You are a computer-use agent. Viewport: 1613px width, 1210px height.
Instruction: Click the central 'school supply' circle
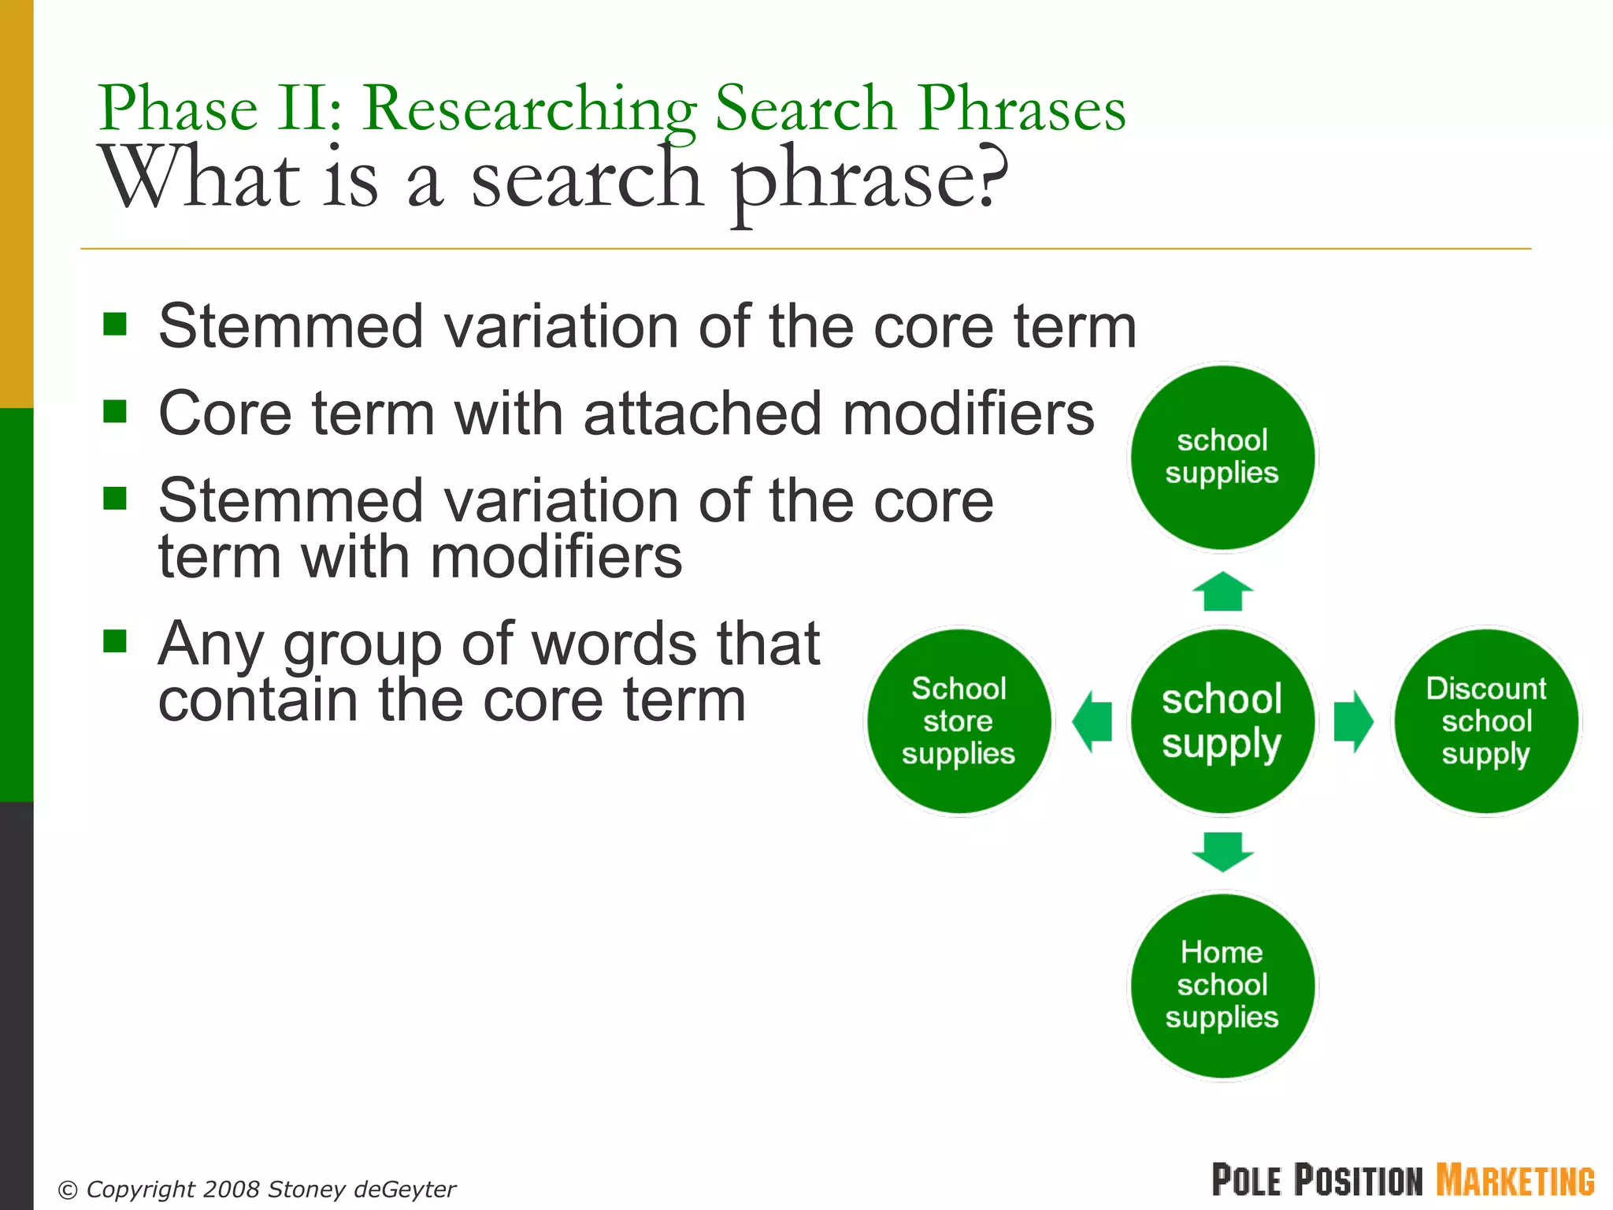click(1222, 721)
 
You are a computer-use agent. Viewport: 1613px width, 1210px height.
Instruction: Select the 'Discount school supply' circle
click(1485, 721)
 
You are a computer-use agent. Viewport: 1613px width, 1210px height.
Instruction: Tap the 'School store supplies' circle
click(959, 721)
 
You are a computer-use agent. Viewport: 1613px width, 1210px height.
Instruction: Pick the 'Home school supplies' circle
click(1222, 985)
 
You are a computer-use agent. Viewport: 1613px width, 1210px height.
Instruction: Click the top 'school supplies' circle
click(1222, 457)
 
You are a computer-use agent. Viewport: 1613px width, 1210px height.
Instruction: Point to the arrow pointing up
click(1222, 592)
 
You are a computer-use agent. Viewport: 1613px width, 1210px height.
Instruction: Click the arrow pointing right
click(1353, 721)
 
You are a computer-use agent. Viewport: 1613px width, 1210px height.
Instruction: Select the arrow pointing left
click(1092, 721)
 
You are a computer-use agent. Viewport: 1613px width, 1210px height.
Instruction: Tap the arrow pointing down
click(1222, 852)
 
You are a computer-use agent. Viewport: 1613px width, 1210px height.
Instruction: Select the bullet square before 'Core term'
click(115, 410)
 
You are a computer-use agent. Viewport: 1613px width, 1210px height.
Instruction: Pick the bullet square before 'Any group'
click(115, 641)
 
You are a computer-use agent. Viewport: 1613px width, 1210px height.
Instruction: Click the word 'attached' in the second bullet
click(704, 414)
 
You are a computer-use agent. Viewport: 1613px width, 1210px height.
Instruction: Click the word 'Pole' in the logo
click(1247, 1180)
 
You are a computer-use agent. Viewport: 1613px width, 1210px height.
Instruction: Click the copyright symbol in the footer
click(69, 1190)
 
